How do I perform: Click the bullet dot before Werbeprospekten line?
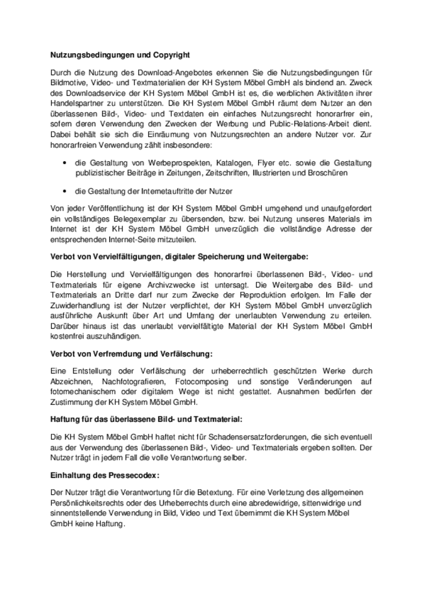point(65,163)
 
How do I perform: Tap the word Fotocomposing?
point(202,382)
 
